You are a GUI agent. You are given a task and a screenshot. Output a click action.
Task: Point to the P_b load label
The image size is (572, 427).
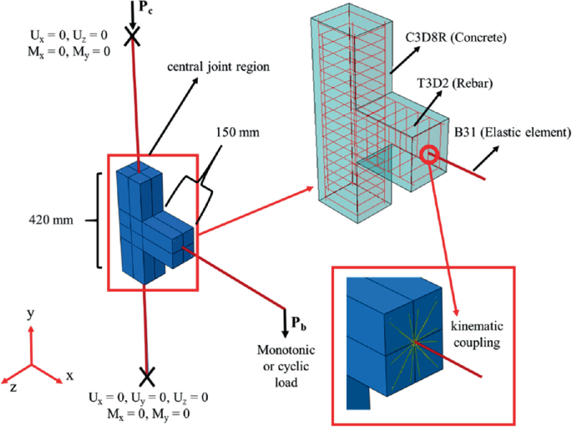(297, 323)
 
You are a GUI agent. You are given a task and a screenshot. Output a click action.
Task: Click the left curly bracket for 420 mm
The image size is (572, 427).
(101, 221)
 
